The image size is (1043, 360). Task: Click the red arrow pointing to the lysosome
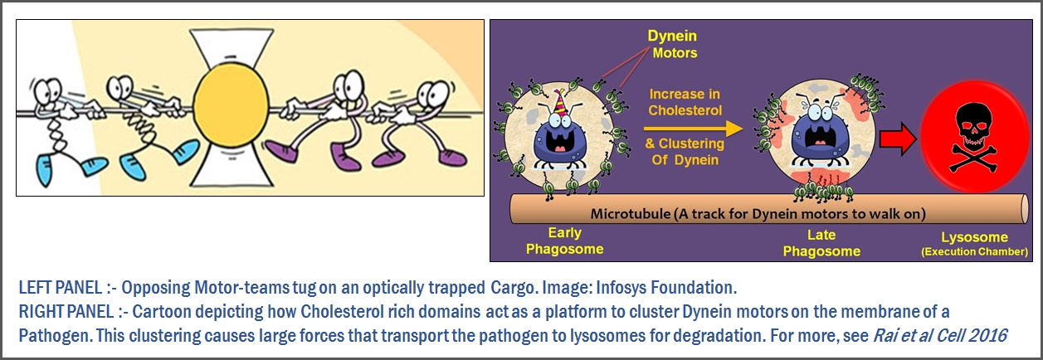pos(898,139)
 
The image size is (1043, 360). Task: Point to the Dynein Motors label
pos(673,44)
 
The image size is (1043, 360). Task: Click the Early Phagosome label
pos(565,241)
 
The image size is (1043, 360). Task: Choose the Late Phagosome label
pos(821,243)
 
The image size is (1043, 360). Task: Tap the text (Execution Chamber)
pos(975,252)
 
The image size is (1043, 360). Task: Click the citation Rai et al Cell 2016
pos(939,335)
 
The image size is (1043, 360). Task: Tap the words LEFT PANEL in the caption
pos(61,287)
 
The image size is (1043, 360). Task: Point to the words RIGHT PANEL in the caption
pos(66,312)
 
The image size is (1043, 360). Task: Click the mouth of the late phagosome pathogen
pos(818,137)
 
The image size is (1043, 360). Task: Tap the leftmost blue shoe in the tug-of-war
pos(45,170)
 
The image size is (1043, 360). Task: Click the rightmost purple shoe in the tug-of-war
pos(452,158)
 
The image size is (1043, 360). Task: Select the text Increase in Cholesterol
pos(685,103)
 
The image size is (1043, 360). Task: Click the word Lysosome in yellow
pos(975,237)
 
